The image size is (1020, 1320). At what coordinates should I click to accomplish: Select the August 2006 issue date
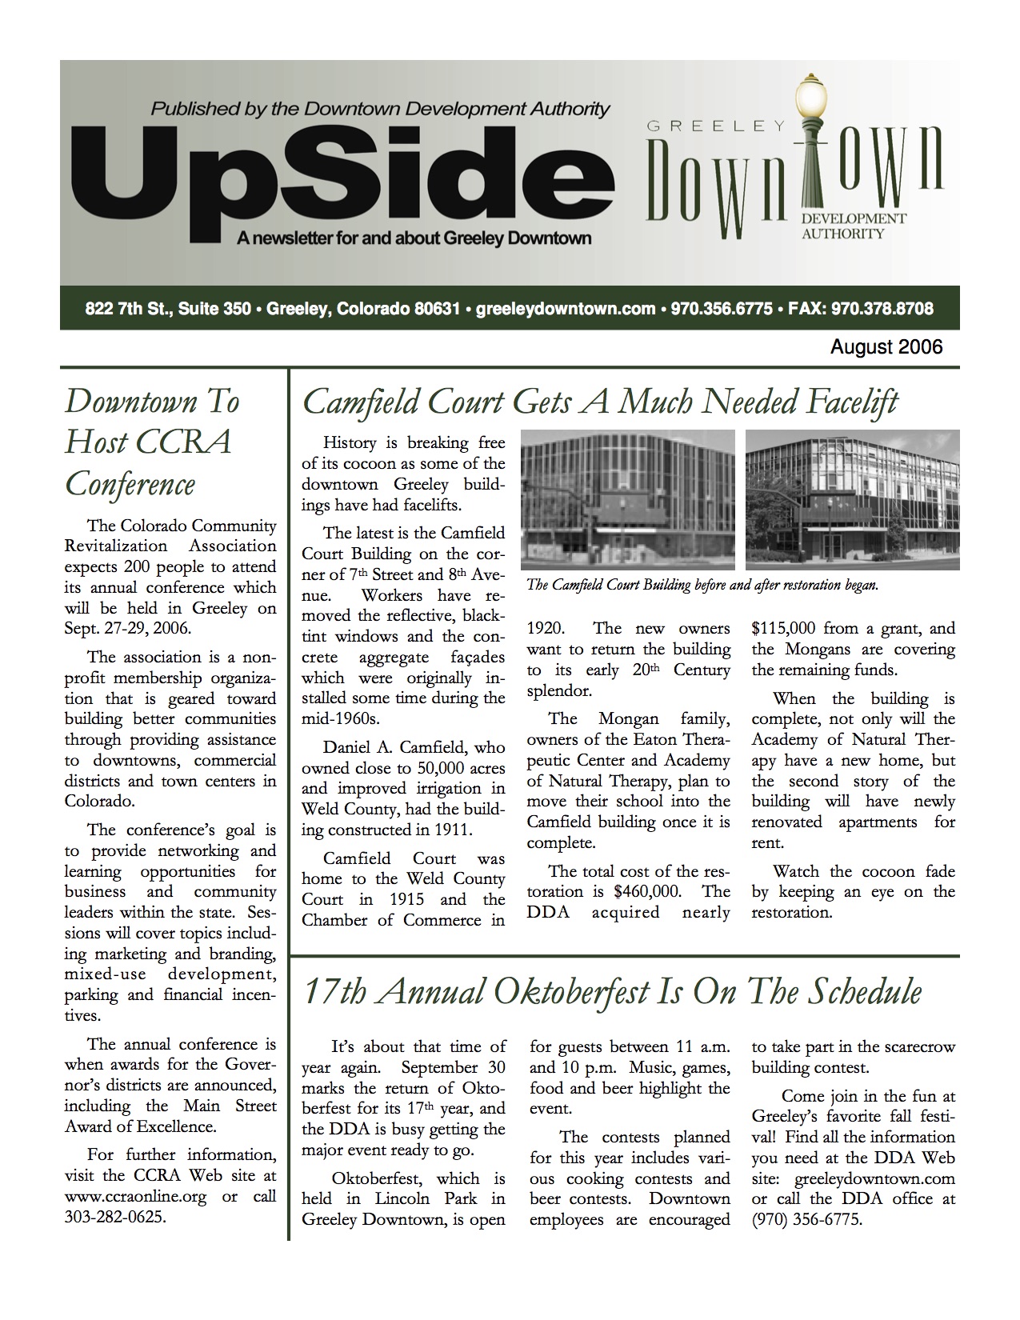coord(886,347)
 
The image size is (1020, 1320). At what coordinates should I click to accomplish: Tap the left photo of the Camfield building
coord(627,499)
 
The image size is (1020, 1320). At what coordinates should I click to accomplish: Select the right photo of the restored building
coord(852,499)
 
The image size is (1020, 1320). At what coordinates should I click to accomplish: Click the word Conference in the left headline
coord(130,485)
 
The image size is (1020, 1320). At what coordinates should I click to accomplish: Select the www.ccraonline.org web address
coord(136,1198)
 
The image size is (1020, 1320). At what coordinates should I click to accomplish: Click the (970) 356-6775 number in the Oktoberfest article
coord(807,1220)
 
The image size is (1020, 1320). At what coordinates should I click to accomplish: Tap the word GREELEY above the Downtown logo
coord(715,125)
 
